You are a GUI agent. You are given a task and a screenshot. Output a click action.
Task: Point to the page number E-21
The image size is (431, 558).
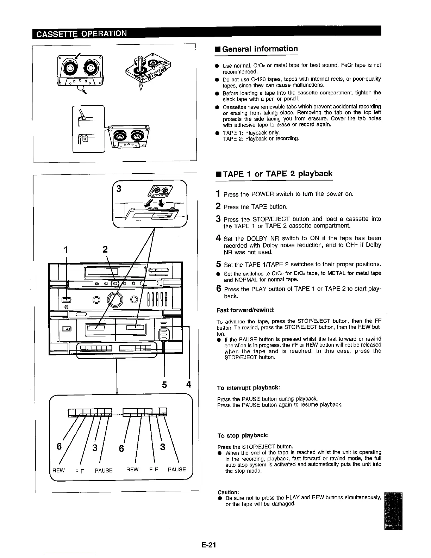208,545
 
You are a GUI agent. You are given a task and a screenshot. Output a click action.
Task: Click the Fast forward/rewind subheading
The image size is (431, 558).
245,310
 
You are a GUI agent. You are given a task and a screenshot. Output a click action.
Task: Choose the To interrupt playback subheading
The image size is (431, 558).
249,387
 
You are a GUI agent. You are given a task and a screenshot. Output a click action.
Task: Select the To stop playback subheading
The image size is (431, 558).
243,435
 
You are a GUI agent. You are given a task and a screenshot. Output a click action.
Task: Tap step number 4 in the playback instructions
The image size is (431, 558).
219,238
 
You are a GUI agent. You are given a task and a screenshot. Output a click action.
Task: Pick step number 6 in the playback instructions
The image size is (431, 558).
219,289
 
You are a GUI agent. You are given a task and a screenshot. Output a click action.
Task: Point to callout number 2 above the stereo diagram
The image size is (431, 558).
105,249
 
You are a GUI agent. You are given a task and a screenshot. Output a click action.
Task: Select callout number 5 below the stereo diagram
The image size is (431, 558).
164,384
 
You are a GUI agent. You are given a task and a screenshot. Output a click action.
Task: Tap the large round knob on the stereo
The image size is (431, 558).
116,300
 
